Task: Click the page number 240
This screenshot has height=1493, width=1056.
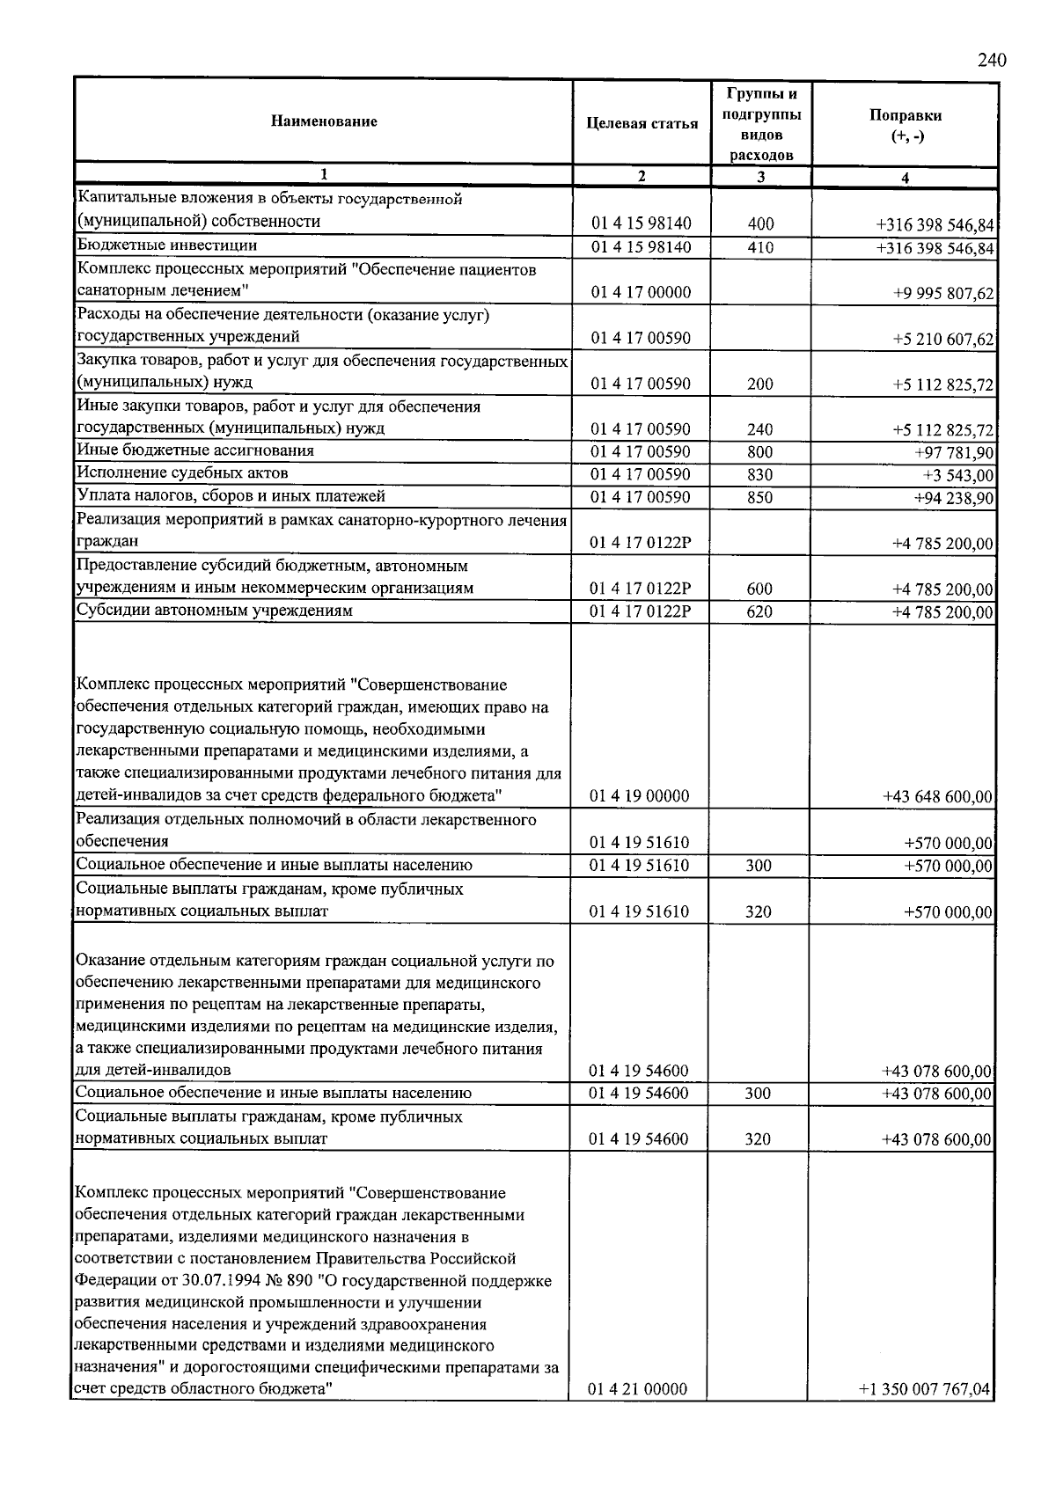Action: [x=992, y=61]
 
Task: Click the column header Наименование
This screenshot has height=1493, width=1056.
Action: [x=324, y=121]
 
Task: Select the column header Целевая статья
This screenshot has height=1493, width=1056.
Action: [x=642, y=123]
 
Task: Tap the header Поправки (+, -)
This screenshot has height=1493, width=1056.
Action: [x=905, y=125]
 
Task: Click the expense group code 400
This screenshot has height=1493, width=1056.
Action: [x=760, y=224]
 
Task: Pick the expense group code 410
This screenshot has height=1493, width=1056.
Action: [x=760, y=247]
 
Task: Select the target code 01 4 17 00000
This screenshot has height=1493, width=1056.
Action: [x=641, y=292]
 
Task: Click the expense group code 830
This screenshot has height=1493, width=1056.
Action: [x=760, y=475]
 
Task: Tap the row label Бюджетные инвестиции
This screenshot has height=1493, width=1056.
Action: [x=167, y=245]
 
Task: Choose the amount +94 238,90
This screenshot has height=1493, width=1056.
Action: [x=954, y=498]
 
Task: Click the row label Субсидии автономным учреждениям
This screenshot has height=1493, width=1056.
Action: [x=215, y=611]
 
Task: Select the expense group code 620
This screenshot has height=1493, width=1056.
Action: [x=759, y=611]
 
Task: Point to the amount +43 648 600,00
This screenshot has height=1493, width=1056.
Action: [x=938, y=797]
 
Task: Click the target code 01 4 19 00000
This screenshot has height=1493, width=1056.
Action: [x=640, y=796]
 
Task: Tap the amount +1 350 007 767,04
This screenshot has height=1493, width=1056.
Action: [x=925, y=1390]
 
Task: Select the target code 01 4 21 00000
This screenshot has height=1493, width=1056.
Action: [x=638, y=1390]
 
